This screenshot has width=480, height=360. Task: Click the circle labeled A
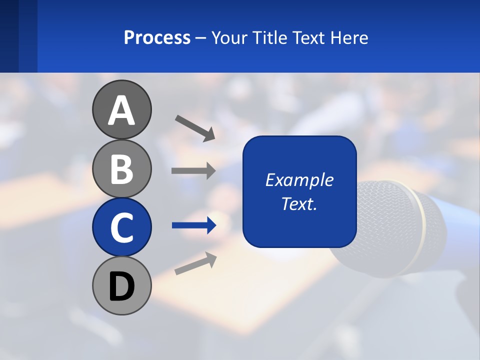(121, 109)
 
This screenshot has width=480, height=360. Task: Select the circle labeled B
(121, 168)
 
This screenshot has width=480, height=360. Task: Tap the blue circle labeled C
(121, 227)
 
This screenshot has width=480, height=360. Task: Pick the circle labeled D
(121, 285)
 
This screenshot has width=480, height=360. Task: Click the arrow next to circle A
(195, 127)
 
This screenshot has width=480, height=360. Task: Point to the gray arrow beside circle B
(193, 171)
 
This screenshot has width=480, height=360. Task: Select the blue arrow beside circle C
(194, 225)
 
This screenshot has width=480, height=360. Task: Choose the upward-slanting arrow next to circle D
(195, 263)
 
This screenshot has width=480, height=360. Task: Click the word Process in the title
(157, 37)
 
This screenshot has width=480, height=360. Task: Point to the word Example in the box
(299, 180)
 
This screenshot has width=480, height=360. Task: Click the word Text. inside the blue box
(299, 203)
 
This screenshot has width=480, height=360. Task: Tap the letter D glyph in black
(121, 287)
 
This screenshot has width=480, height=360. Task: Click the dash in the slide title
(201, 38)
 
